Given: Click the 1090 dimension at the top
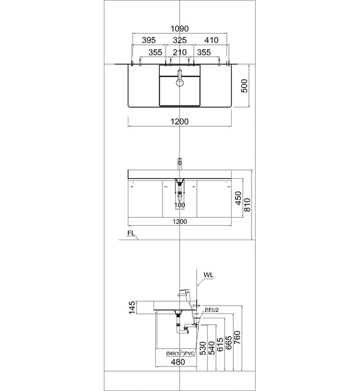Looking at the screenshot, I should (180, 29).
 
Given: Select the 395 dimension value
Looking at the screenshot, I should (148, 41).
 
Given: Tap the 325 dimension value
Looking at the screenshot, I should (180, 41).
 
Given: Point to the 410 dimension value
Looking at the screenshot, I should (212, 41).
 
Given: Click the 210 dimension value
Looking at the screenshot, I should (180, 53).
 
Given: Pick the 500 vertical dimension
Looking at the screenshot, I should (244, 87).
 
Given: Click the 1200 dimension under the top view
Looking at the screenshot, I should (180, 122).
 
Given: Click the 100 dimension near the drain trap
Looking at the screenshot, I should (180, 206).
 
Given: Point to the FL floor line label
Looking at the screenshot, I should (130, 233).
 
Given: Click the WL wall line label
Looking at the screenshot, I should (208, 275).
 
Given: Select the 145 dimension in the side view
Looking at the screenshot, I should (132, 308).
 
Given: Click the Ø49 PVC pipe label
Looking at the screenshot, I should (180, 354).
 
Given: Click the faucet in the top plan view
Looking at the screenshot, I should (180, 78).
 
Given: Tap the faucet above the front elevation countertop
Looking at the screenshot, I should (180, 164).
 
